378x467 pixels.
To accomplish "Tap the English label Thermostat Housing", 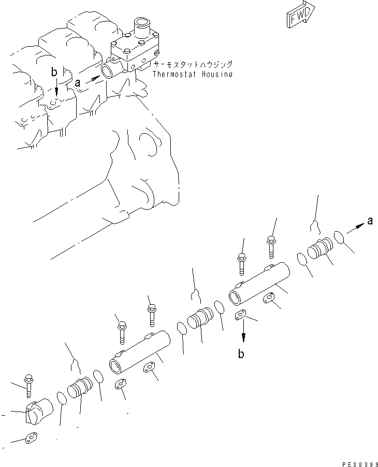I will click(x=193, y=74).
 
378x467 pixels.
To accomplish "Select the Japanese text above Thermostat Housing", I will click(x=193, y=65).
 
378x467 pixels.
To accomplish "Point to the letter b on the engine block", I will click(x=55, y=73).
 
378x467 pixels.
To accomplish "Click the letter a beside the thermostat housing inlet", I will click(x=78, y=82).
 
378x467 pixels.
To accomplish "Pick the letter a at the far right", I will click(x=370, y=221).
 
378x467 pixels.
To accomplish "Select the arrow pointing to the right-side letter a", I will click(x=355, y=227).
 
